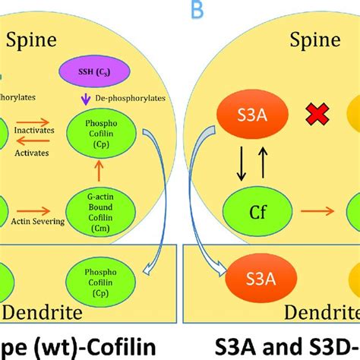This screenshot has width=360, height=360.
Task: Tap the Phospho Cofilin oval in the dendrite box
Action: (x=95, y=274)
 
